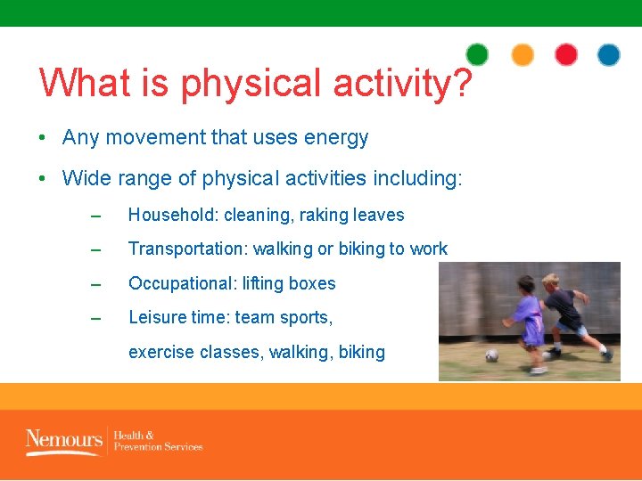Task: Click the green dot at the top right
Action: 477,55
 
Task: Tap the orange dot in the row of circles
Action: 523,55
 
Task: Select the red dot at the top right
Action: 566,55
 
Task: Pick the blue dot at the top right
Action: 609,55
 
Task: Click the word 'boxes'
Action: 311,283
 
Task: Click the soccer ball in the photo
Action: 491,355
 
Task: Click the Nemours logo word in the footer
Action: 63,439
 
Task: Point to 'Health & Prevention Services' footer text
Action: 158,441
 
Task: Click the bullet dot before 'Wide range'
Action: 43,179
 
